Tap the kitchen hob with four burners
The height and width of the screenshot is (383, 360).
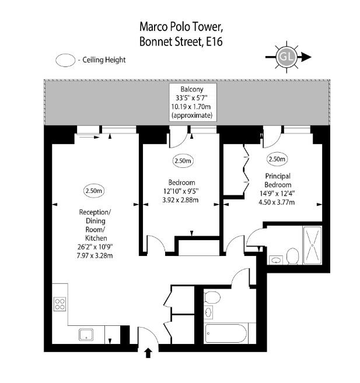[x=60, y=304]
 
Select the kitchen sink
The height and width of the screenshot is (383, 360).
[x=86, y=335]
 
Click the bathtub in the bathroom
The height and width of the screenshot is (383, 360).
[x=226, y=333]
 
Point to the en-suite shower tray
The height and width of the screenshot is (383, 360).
[x=312, y=245]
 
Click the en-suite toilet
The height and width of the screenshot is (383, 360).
[x=292, y=256]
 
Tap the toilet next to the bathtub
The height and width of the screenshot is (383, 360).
[x=212, y=297]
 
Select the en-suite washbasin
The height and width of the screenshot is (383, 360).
[x=276, y=260]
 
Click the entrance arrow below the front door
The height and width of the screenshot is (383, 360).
[x=148, y=353]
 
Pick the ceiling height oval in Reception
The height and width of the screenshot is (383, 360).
[x=94, y=191]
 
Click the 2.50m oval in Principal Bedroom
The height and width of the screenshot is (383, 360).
[x=277, y=159]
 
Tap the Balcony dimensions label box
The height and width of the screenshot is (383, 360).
[x=193, y=103]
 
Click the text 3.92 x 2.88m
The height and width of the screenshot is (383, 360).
[x=180, y=200]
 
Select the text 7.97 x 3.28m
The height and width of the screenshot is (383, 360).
[x=95, y=256]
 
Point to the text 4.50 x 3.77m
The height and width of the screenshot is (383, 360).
[x=277, y=202]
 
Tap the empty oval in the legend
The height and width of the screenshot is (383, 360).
[x=65, y=60]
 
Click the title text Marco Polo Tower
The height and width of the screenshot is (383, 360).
[x=181, y=27]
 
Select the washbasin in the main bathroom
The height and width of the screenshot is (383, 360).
[x=208, y=312]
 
